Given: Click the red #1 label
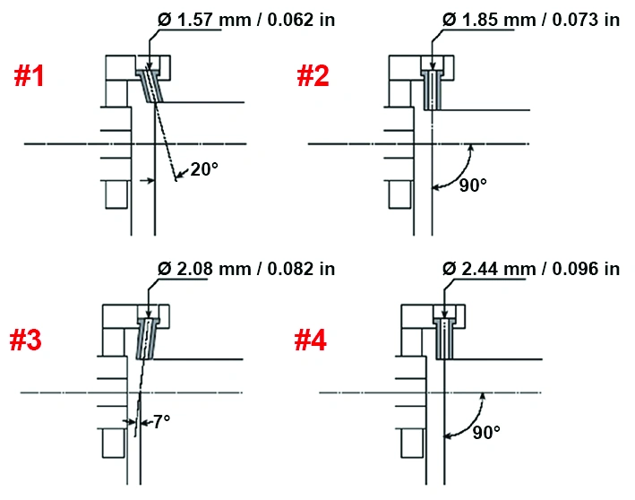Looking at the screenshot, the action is point(29,76).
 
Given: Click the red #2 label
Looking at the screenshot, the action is point(313,76).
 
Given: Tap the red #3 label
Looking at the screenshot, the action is point(25,340).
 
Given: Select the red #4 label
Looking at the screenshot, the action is point(311,340).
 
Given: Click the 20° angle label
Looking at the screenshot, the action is point(204,169).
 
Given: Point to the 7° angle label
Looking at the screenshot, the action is point(162,421).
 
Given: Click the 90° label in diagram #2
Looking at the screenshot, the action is point(473,185).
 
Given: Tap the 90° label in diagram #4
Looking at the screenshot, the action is point(486,432).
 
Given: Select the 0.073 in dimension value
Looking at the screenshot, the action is point(586,20).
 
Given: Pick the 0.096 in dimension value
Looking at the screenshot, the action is point(586,269).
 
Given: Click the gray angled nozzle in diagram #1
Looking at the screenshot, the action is point(150,85).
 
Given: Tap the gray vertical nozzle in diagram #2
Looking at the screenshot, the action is point(432,90).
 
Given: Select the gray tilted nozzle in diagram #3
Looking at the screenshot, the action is point(147,339).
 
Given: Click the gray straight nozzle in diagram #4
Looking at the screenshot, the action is point(444,339).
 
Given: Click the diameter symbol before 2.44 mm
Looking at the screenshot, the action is point(450,269).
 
